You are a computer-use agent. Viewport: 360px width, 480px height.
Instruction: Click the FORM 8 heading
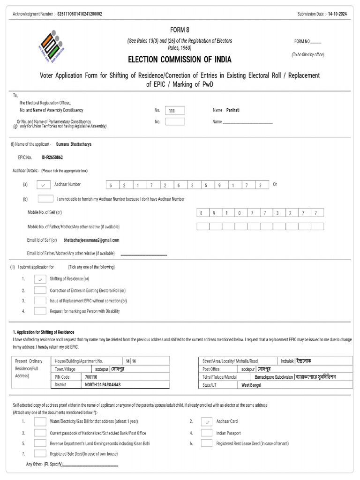pyautogui.click(x=180, y=30)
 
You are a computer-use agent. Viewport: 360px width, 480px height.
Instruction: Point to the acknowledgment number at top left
pyautogui.click(x=79, y=14)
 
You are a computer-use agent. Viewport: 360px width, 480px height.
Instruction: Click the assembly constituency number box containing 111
pyautogui.click(x=175, y=111)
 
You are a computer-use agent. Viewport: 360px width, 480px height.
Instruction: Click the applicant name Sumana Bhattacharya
pyautogui.click(x=74, y=144)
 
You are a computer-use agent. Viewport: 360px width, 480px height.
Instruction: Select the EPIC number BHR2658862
pyautogui.click(x=52, y=157)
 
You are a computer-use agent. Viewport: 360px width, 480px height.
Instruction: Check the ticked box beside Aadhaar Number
pyautogui.click(x=43, y=185)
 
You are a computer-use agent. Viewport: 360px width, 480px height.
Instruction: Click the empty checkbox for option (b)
pyautogui.click(x=45, y=199)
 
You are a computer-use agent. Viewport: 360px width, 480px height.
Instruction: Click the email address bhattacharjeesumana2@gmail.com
pyautogui.click(x=91, y=240)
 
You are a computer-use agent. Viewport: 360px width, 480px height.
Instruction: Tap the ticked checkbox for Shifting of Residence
pyautogui.click(x=40, y=279)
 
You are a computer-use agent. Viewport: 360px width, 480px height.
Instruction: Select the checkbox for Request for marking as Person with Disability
pyautogui.click(x=40, y=311)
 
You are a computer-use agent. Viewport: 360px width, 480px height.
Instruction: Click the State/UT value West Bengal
pyautogui.click(x=251, y=385)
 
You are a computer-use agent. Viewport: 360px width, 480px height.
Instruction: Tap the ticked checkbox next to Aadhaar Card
pyautogui.click(x=207, y=421)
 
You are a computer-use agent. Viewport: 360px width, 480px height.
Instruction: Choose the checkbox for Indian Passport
pyautogui.click(x=207, y=433)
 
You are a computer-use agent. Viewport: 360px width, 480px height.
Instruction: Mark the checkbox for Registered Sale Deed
pyautogui.click(x=40, y=453)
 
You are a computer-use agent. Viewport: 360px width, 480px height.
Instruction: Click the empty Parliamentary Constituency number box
pyautogui.click(x=175, y=122)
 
